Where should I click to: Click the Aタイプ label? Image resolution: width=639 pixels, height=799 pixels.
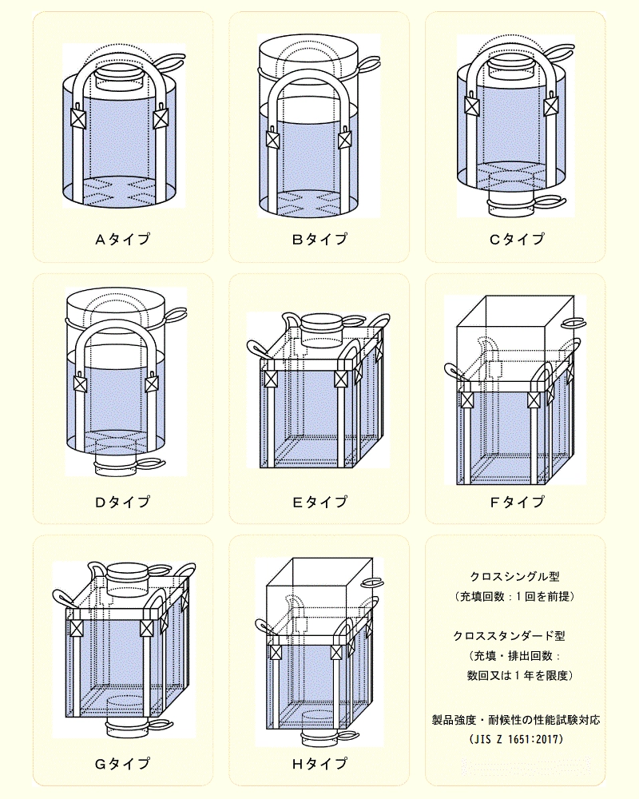[123, 239]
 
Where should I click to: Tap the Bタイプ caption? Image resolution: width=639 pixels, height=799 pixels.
[319, 239]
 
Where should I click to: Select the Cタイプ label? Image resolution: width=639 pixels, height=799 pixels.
[517, 239]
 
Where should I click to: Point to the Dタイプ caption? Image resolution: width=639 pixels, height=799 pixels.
[123, 502]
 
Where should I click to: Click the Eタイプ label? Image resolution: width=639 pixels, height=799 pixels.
[319, 502]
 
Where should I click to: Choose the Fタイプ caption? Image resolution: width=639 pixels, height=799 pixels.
[517, 502]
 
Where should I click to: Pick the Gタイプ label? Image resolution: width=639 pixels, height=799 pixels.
[123, 763]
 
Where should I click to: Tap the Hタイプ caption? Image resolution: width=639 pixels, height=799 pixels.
[319, 763]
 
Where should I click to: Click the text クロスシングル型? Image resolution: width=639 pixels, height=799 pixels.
[515, 576]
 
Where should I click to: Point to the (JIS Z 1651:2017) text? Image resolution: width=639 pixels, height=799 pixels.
[516, 739]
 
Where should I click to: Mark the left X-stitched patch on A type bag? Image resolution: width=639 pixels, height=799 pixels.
[78, 119]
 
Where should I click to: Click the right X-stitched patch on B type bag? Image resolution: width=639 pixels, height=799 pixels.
[345, 140]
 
